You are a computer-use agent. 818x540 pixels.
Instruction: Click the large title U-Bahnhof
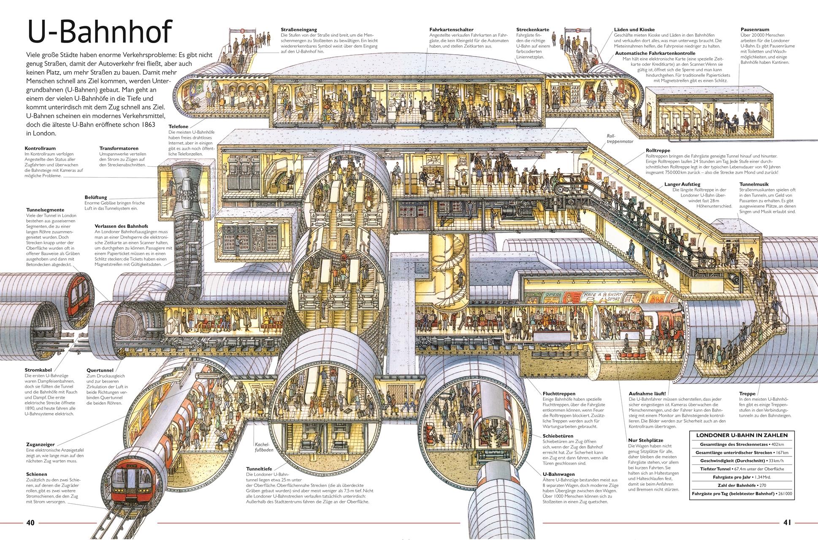tap(99, 32)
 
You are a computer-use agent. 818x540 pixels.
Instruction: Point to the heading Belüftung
tap(95, 197)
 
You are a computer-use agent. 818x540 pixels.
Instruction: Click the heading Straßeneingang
tap(299, 30)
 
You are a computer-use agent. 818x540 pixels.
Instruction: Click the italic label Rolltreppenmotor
tap(620, 139)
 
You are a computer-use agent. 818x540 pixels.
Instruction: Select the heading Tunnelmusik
tap(754, 184)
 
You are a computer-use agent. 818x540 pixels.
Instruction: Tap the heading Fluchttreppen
tap(559, 394)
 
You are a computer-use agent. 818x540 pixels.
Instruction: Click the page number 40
tap(30, 523)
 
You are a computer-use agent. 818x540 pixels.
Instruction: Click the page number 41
tap(787, 523)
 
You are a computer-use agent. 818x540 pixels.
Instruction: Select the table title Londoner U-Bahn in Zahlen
tap(741, 435)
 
